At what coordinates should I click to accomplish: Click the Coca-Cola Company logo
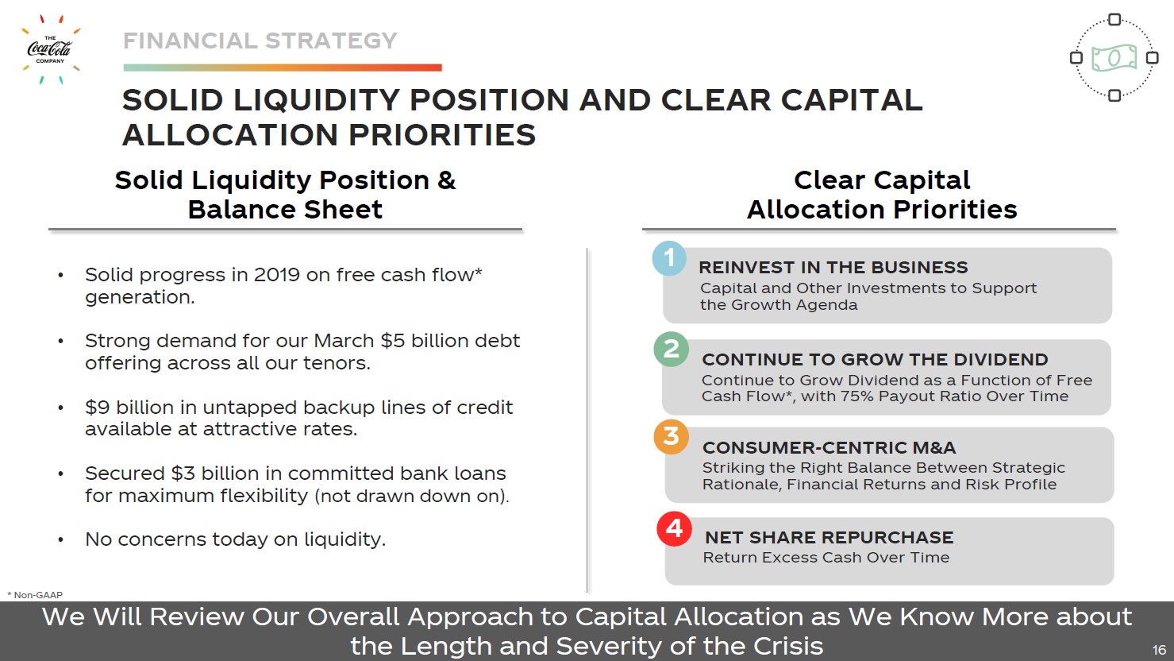pyautogui.click(x=50, y=50)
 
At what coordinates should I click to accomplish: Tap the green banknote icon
pyautogui.click(x=1114, y=58)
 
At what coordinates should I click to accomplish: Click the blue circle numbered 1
pyautogui.click(x=669, y=258)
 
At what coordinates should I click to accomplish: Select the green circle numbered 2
pyautogui.click(x=671, y=350)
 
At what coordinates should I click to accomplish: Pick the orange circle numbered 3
pyautogui.click(x=671, y=437)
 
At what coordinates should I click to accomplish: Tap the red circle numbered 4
pyautogui.click(x=674, y=528)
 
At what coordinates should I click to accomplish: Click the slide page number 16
pyautogui.click(x=1159, y=649)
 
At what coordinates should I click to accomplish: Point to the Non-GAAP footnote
pyautogui.click(x=35, y=595)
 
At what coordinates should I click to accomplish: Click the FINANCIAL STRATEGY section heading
pyautogui.click(x=260, y=41)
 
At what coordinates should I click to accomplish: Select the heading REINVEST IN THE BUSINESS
pyautogui.click(x=833, y=268)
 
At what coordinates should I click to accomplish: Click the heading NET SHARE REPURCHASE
pyautogui.click(x=829, y=537)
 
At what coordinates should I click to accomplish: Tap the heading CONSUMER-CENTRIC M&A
pyautogui.click(x=829, y=447)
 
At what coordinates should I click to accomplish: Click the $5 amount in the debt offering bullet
pyautogui.click(x=393, y=341)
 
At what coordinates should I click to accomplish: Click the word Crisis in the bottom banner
pyautogui.click(x=787, y=646)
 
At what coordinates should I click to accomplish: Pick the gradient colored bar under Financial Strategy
pyautogui.click(x=283, y=68)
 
